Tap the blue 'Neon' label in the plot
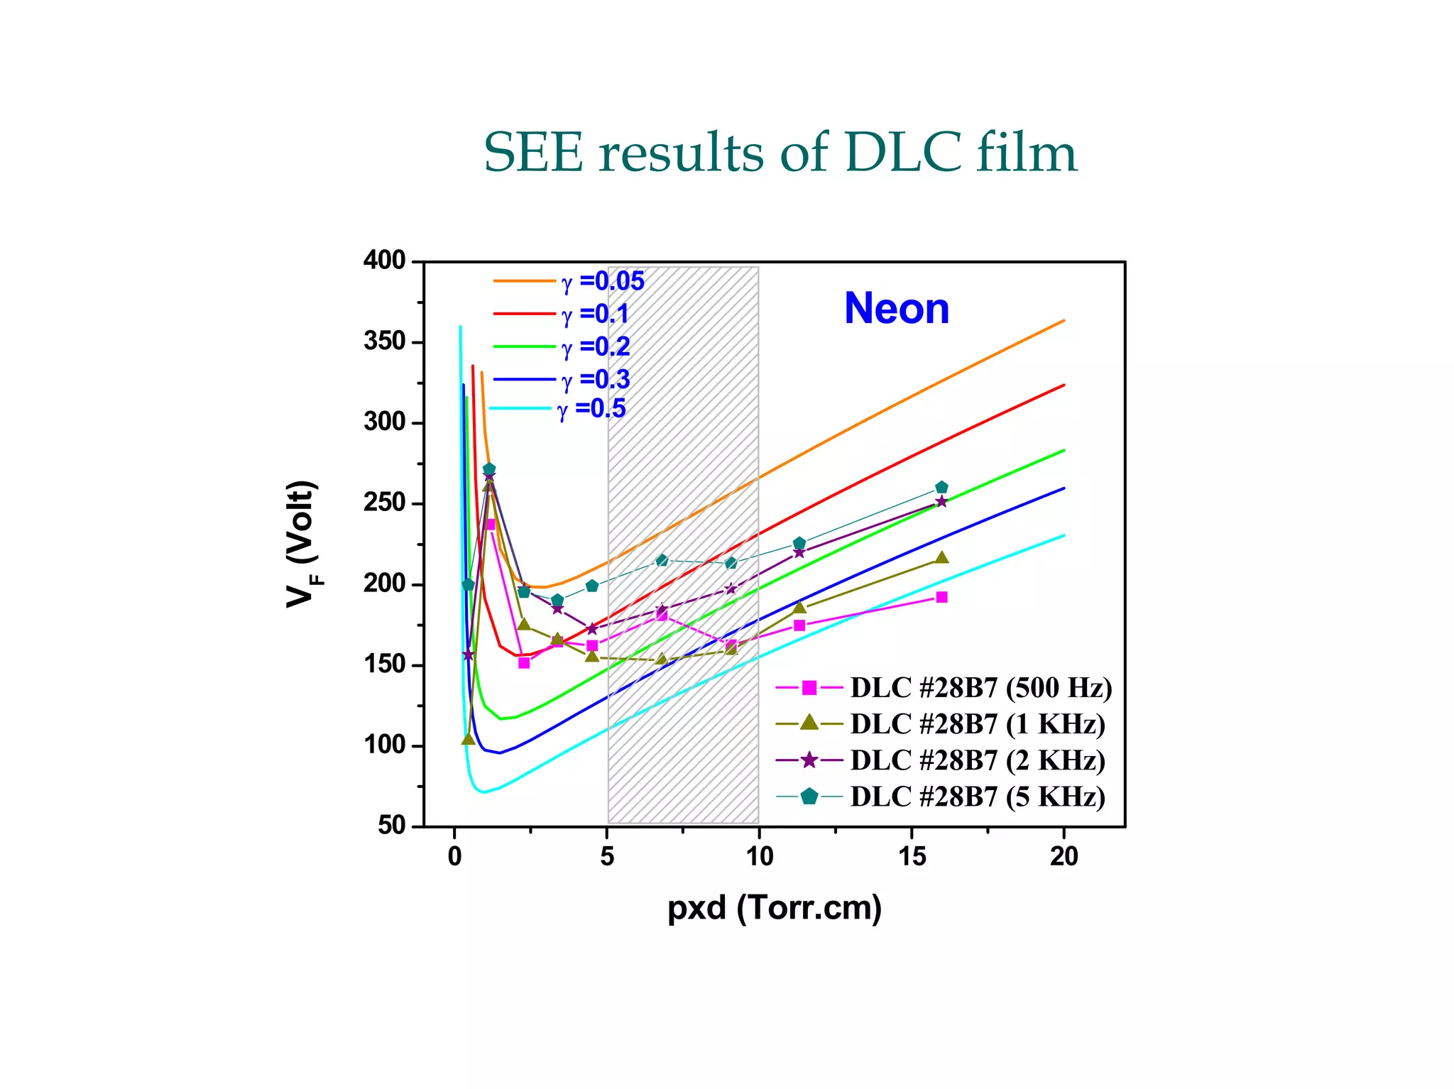[896, 309]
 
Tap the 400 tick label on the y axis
[384, 261]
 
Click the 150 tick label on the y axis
[384, 665]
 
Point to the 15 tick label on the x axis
[912, 858]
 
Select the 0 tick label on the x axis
[454, 858]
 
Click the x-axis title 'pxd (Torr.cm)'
[775, 908]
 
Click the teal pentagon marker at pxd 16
[941, 488]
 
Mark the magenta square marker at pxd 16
[941, 597]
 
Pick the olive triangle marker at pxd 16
[941, 557]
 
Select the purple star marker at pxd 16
[941, 502]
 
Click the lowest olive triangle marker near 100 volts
[468, 739]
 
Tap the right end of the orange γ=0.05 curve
[1063, 321]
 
